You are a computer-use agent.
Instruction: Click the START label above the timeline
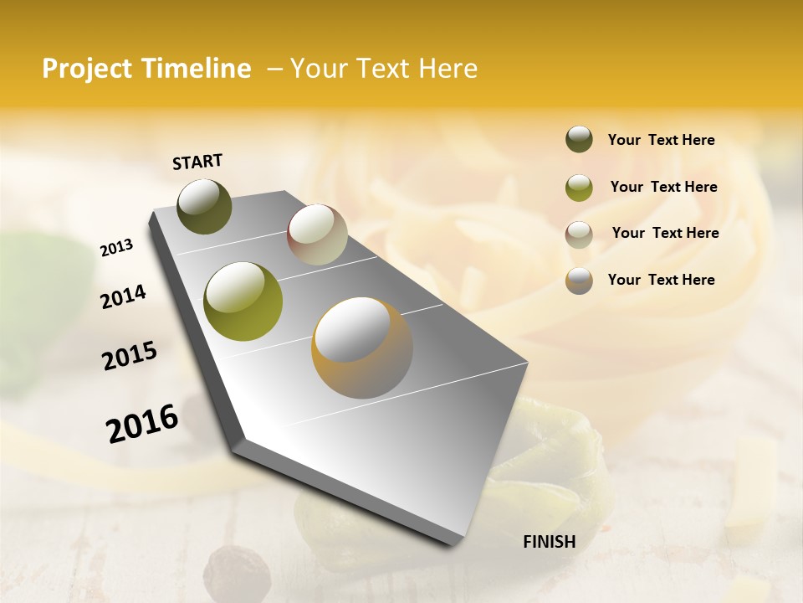pos(197,162)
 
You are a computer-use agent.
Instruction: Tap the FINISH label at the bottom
pos(549,542)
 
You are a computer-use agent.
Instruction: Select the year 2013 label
pos(116,248)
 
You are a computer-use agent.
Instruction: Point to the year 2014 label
pos(123,297)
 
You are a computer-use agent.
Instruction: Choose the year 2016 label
pos(142,424)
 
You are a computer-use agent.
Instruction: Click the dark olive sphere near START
pos(204,206)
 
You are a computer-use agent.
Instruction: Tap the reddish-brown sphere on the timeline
pos(317,234)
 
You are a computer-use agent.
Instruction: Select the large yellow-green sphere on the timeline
pos(243,301)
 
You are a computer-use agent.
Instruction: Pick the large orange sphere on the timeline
pos(361,348)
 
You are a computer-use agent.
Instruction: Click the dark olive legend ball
pos(579,139)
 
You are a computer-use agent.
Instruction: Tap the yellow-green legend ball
pos(579,188)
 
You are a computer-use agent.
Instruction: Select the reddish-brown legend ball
pos(579,234)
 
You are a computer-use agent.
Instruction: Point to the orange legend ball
pos(579,281)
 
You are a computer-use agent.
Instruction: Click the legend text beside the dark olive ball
pos(661,140)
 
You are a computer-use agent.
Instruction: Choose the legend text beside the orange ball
pos(661,280)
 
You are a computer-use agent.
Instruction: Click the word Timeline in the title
pos(196,69)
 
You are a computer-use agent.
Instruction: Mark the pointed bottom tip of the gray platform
pos(453,544)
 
